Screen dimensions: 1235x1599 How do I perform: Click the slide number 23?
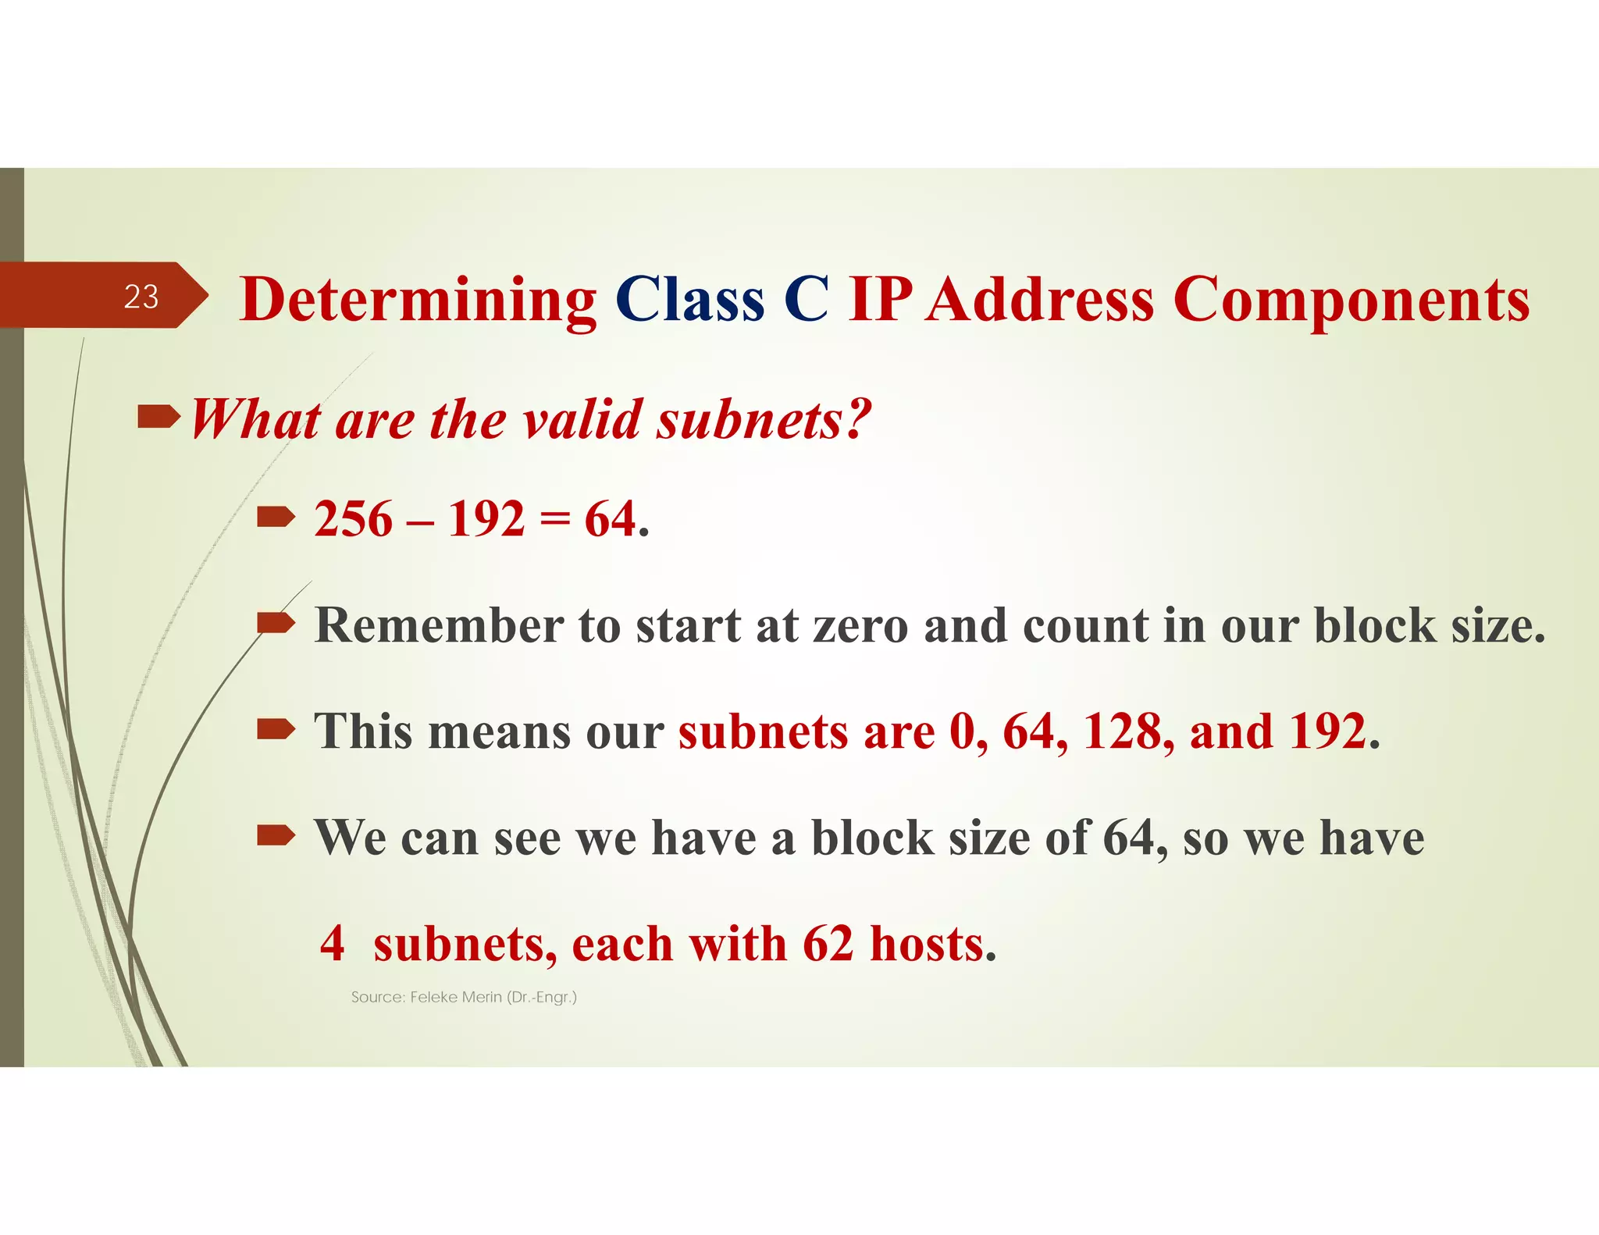(x=141, y=297)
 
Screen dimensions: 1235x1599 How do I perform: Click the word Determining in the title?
(x=418, y=301)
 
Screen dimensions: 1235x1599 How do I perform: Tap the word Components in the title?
(x=1351, y=301)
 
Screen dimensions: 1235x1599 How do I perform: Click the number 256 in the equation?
(x=353, y=519)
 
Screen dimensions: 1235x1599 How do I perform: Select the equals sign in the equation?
(x=554, y=521)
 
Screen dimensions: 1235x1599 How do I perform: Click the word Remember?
(x=439, y=625)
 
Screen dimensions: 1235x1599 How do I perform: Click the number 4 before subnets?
(x=333, y=943)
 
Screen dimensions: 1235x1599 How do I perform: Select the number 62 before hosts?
(x=828, y=943)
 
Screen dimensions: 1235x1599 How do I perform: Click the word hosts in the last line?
(x=932, y=943)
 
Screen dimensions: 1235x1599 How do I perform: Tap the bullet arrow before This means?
(x=276, y=730)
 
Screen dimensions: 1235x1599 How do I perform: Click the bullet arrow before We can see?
(x=276, y=836)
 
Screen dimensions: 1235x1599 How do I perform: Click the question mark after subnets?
(x=856, y=418)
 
